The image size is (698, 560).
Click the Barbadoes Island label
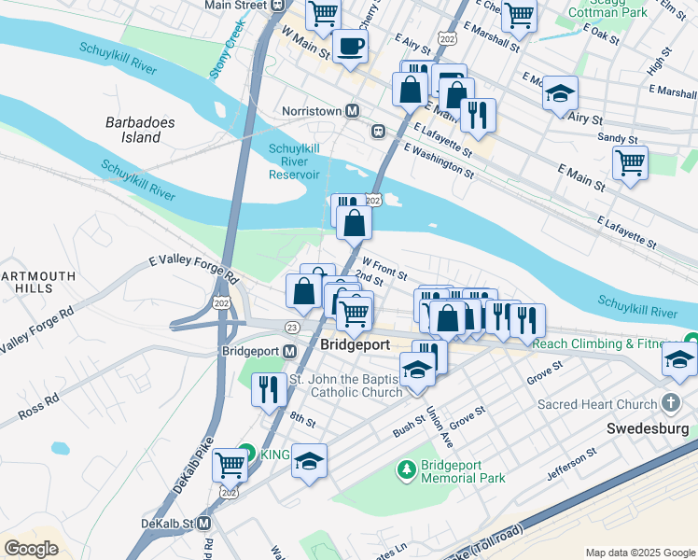(x=140, y=130)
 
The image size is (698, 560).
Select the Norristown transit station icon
(x=353, y=111)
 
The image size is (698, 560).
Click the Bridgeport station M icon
(x=289, y=351)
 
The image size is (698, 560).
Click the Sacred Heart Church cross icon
(x=669, y=404)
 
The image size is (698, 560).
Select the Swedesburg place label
(x=646, y=429)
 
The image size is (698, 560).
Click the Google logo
(x=31, y=548)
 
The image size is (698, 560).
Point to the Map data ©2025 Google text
(x=640, y=553)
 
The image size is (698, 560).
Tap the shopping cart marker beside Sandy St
(x=631, y=162)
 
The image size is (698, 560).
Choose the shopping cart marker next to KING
(x=230, y=464)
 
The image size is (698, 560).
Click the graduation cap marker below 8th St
(x=309, y=461)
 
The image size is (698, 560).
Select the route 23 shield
(x=292, y=327)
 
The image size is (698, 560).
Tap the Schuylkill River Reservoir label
(x=295, y=161)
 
